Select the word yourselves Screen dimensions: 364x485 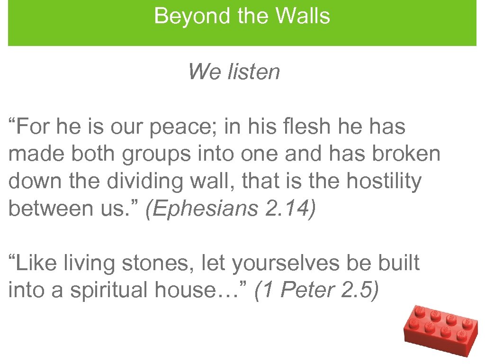coord(284,263)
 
